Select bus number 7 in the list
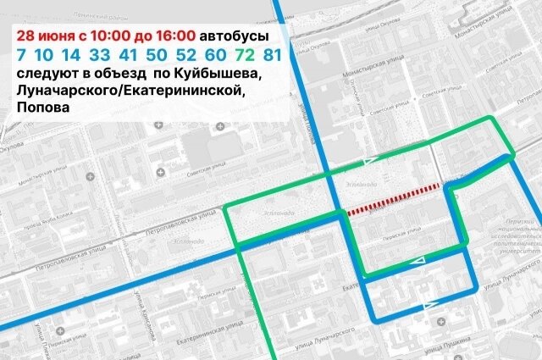(x=20, y=56)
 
